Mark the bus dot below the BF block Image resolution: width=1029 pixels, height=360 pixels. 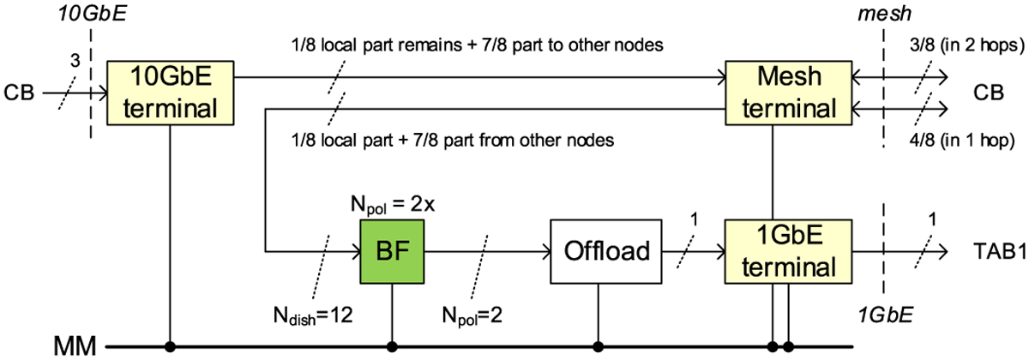[392, 346]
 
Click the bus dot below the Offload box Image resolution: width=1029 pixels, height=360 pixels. [598, 346]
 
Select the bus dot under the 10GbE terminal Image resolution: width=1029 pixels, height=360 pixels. [172, 346]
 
